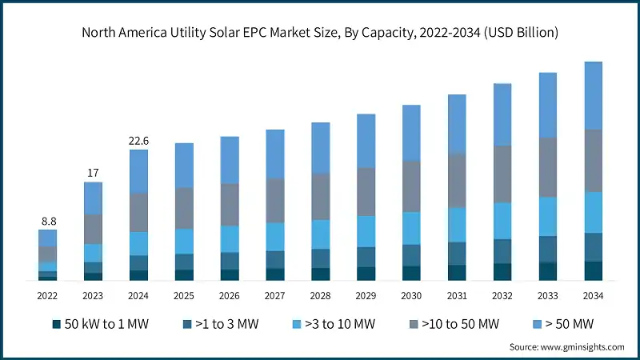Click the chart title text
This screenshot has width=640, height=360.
(x=320, y=33)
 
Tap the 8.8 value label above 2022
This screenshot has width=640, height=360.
(x=48, y=220)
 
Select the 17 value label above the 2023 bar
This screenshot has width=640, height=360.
(x=94, y=172)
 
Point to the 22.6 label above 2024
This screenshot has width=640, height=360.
(x=139, y=141)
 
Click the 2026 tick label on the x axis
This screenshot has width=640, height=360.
(x=230, y=295)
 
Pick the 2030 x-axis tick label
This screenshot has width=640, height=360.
(x=411, y=295)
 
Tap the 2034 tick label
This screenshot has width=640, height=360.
(x=593, y=295)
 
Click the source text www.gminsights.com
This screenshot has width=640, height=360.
(x=566, y=346)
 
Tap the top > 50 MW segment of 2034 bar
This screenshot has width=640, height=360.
(x=593, y=95)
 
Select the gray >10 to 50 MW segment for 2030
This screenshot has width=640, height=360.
(x=411, y=186)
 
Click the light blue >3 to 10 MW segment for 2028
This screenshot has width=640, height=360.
(x=321, y=234)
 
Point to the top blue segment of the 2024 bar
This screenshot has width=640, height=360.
(x=139, y=171)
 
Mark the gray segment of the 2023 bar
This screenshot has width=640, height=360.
(x=94, y=229)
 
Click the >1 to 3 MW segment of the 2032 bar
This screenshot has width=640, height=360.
(x=502, y=251)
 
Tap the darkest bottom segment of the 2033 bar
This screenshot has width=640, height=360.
(x=548, y=271)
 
